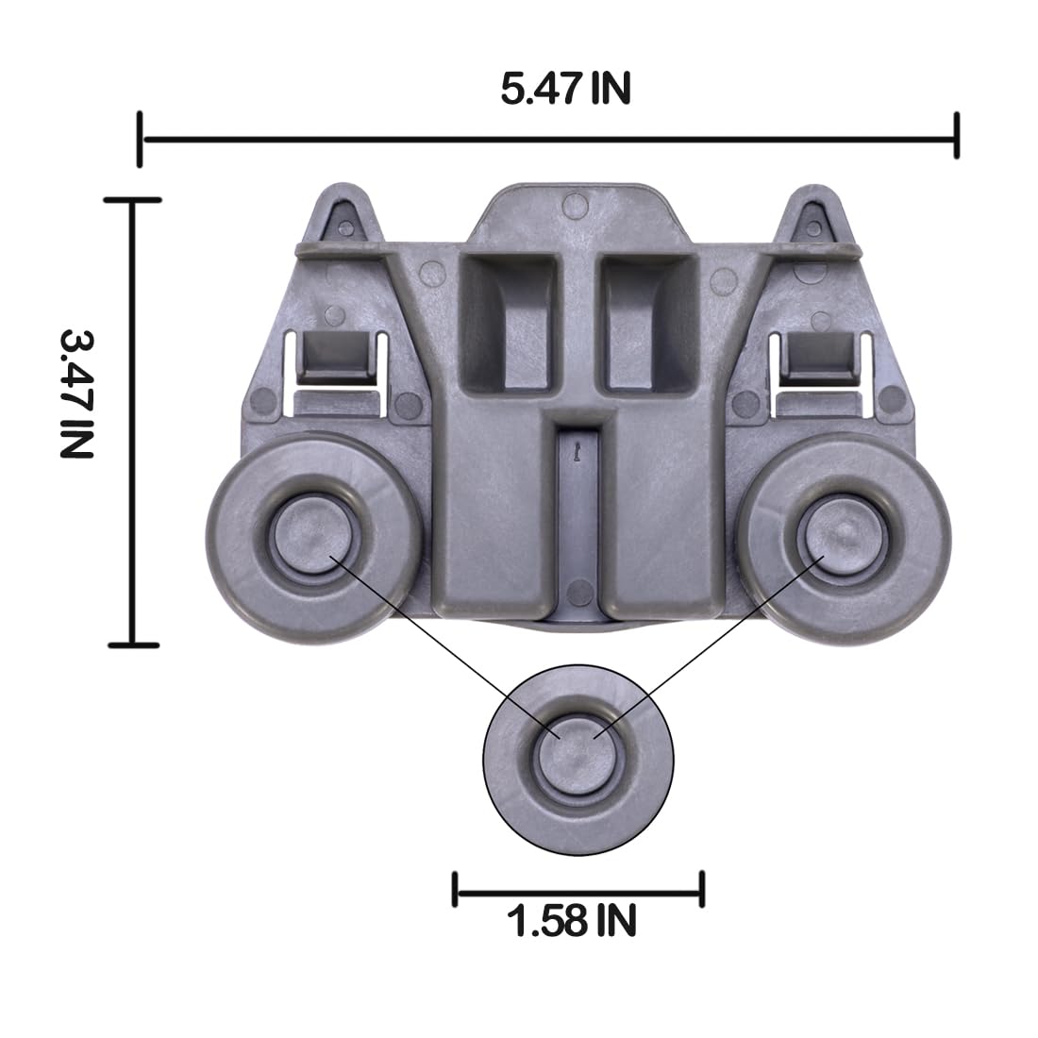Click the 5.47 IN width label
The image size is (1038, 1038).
click(x=565, y=90)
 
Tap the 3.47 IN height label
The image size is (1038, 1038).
click(x=76, y=393)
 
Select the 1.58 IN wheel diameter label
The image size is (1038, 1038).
click(x=572, y=920)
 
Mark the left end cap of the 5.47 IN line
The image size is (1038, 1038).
click(x=141, y=141)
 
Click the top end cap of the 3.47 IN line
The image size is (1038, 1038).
click(x=133, y=200)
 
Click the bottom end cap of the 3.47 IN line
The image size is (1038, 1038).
click(x=133, y=645)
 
